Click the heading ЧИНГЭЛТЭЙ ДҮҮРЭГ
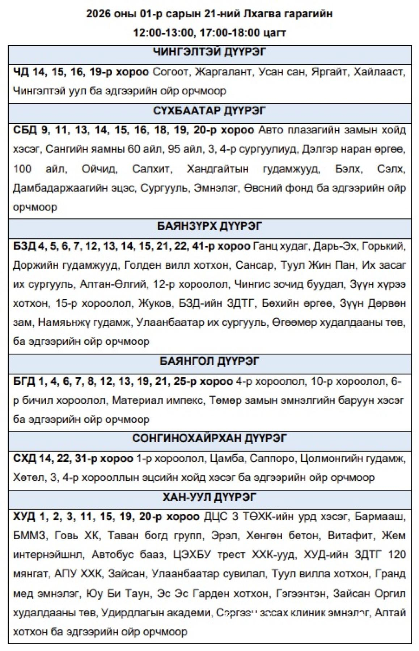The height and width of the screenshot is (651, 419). (x=210, y=52)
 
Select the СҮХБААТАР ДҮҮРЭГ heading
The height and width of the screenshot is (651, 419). (x=210, y=110)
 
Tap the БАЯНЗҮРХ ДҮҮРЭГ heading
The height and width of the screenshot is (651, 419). (x=210, y=226)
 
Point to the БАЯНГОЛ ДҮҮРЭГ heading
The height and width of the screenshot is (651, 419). (x=210, y=361)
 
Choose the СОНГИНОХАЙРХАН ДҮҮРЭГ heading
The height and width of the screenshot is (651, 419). (x=210, y=438)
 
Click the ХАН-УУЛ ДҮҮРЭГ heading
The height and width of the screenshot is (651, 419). (x=210, y=497)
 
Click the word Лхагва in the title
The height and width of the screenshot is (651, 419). (x=246, y=14)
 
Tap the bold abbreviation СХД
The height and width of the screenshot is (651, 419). (x=24, y=459)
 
